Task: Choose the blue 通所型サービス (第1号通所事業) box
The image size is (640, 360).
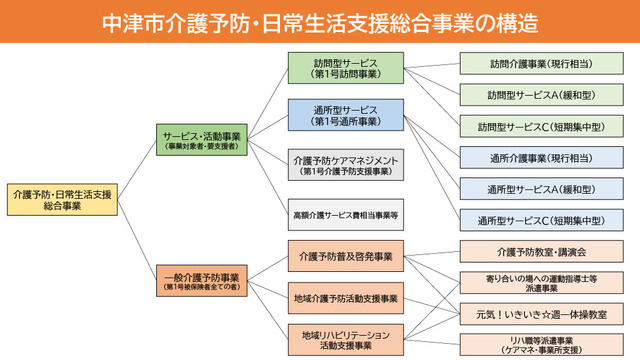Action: tap(345, 114)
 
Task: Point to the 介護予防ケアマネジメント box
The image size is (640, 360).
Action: tap(345, 164)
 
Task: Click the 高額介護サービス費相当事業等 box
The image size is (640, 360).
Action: tap(345, 214)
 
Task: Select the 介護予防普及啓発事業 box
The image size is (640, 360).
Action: tap(345, 257)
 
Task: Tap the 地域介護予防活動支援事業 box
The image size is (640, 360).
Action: tap(345, 298)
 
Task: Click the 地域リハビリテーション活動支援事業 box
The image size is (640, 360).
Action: tap(345, 339)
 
